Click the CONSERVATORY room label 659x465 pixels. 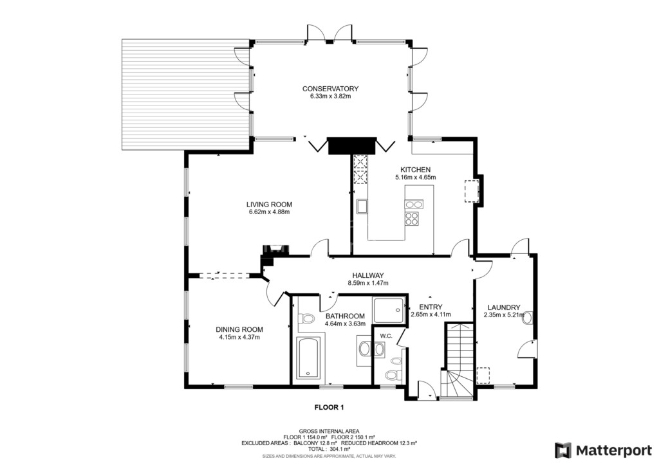[x=330, y=89]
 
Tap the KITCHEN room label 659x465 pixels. [x=415, y=170]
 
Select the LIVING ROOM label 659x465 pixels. [x=269, y=205]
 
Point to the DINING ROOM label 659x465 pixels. [x=239, y=330]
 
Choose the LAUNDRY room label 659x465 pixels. [x=504, y=307]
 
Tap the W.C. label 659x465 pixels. [x=386, y=336]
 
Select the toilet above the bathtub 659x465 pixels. [x=308, y=318]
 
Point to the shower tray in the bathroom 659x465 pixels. [x=389, y=311]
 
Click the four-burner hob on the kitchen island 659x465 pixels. [x=411, y=219]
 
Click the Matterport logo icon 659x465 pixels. [x=563, y=450]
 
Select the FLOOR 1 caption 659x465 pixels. [x=329, y=407]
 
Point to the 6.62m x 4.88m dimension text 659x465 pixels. [x=269, y=212]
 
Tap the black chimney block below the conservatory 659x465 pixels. [x=351, y=146]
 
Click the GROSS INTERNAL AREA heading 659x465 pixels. [x=329, y=432]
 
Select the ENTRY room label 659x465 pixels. [x=431, y=307]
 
